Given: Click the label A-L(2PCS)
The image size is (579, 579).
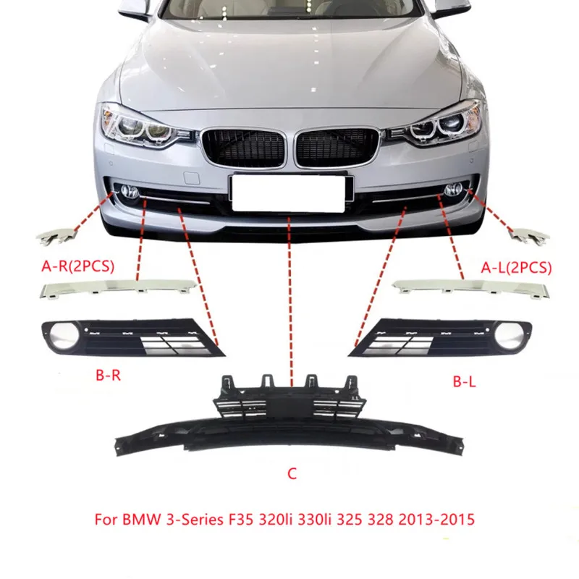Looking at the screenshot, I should click(x=516, y=267).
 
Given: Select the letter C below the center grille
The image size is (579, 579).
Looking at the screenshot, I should click(x=292, y=475).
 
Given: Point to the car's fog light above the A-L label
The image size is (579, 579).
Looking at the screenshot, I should click(x=455, y=191).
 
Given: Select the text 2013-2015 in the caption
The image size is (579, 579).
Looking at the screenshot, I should click(x=436, y=520).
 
